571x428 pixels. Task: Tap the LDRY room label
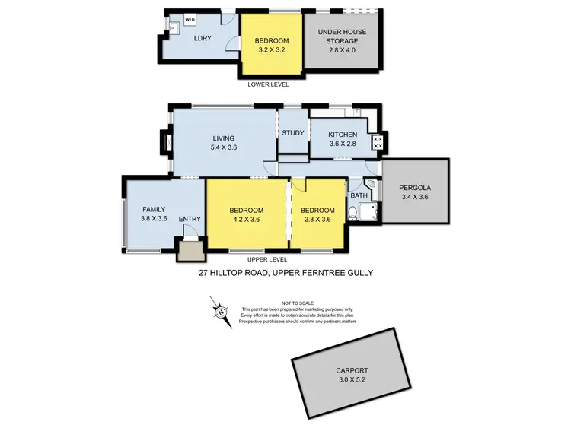pyautogui.click(x=203, y=38)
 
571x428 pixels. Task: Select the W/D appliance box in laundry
pyautogui.click(x=190, y=21)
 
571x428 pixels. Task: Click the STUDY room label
pyautogui.click(x=293, y=133)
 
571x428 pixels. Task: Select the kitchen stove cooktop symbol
pyautogui.click(x=375, y=141)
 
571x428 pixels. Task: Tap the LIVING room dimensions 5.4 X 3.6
pyautogui.click(x=225, y=147)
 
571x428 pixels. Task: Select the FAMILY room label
pyautogui.click(x=153, y=209)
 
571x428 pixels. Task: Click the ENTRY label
pyautogui.click(x=190, y=220)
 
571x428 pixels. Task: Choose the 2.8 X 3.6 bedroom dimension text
pyautogui.click(x=317, y=220)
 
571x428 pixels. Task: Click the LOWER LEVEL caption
pyautogui.click(x=269, y=84)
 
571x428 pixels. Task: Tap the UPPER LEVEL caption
pyautogui.click(x=269, y=259)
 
